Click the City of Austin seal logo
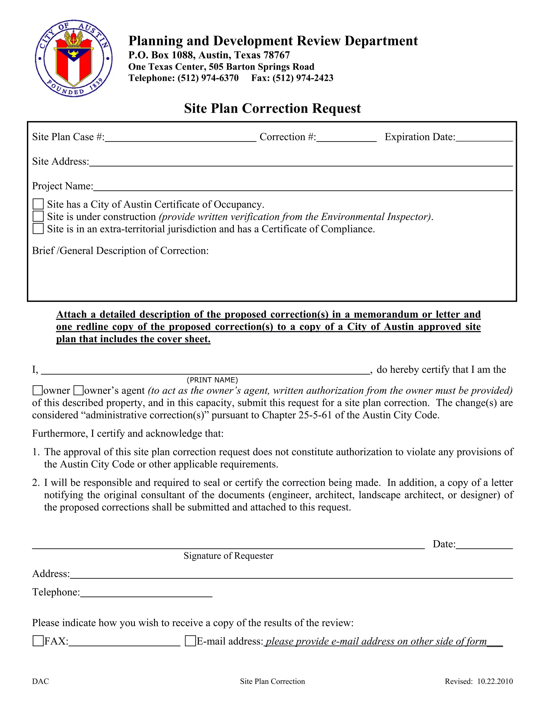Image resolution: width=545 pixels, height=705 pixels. coord(74,58)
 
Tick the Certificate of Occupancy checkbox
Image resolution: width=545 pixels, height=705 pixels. coord(38,204)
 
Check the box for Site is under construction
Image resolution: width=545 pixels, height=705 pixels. coord(38,216)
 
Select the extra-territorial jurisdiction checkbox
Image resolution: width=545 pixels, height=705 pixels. coord(38,229)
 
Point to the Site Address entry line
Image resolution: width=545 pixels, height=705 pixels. coord(300,163)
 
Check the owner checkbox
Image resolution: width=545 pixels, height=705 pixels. coord(38,390)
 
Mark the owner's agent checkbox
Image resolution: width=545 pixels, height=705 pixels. coord(79,390)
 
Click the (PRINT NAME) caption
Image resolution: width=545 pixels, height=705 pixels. coord(212,380)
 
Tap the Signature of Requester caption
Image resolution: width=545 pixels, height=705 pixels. coord(228,555)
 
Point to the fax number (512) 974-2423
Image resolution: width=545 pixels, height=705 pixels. coord(303,78)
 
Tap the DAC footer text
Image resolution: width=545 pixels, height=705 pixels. coord(40,681)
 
